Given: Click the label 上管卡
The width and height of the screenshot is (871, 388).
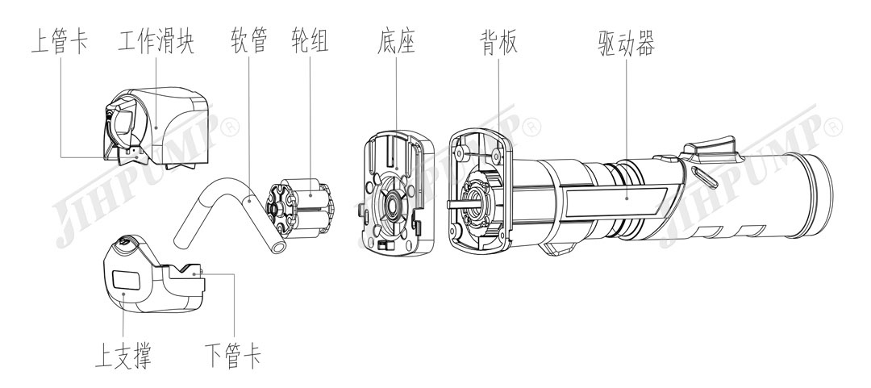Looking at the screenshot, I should tap(60, 42).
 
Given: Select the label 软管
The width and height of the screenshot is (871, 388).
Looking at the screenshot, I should tap(248, 42).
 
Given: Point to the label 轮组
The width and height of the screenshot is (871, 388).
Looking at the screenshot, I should tap(310, 42).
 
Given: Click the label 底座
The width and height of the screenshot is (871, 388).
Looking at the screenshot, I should tap(395, 42).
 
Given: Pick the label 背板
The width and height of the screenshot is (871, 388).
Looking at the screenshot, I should tap(494, 42).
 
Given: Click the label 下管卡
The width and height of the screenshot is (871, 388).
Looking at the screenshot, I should tap(232, 355).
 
